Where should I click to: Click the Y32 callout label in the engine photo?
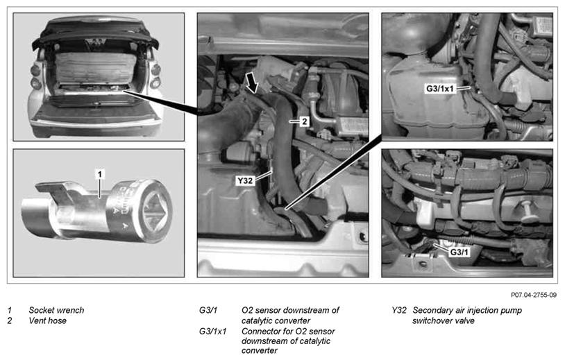245,180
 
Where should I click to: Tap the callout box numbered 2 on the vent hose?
305,121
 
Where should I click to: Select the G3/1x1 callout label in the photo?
441,89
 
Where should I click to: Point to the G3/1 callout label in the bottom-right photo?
459,252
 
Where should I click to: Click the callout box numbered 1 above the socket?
100,174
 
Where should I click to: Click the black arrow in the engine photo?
252,82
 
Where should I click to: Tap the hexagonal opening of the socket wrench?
154,210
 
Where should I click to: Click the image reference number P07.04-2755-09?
534,295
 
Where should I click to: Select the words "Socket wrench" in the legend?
56,310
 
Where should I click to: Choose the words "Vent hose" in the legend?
48,320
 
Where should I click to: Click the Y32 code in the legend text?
399,310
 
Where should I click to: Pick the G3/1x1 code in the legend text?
212,331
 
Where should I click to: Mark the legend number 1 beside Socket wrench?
10,310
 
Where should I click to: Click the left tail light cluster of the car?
35,77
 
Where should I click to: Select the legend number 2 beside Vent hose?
10,320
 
